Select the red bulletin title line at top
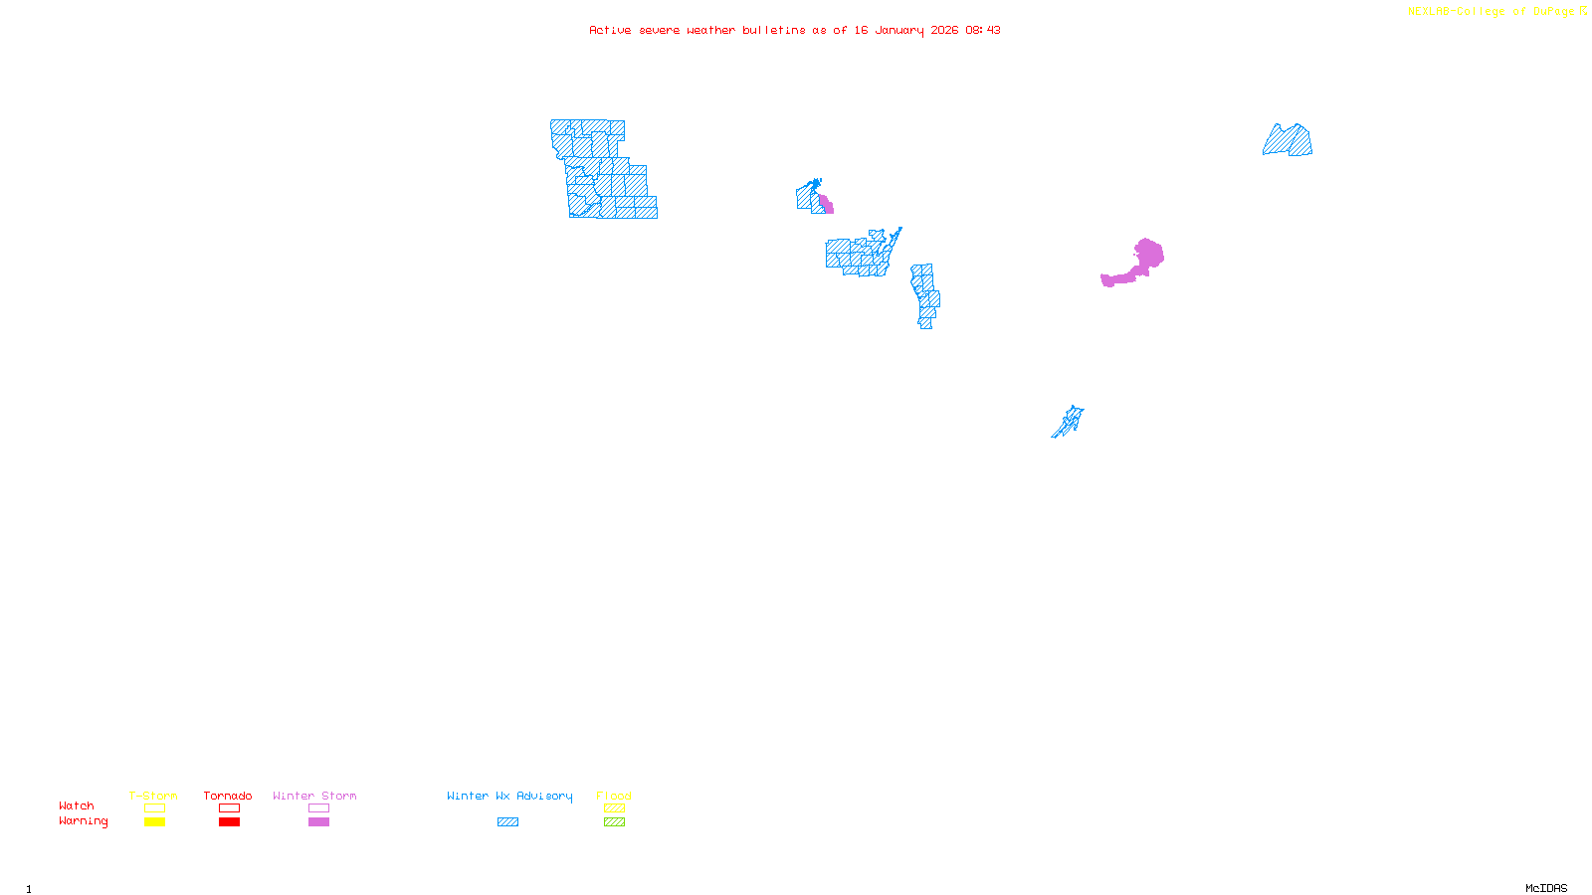794,30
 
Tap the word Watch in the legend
77,805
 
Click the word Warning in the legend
83,821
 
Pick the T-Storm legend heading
153,796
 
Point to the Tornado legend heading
228,796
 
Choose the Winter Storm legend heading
314,796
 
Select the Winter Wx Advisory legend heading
509,796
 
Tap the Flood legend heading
614,796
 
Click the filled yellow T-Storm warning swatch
154,822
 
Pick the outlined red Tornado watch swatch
229,808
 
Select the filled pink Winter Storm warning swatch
318,822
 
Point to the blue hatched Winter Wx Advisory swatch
507,822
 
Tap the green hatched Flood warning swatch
614,822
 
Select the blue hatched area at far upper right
1290,142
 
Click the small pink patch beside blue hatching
826,205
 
